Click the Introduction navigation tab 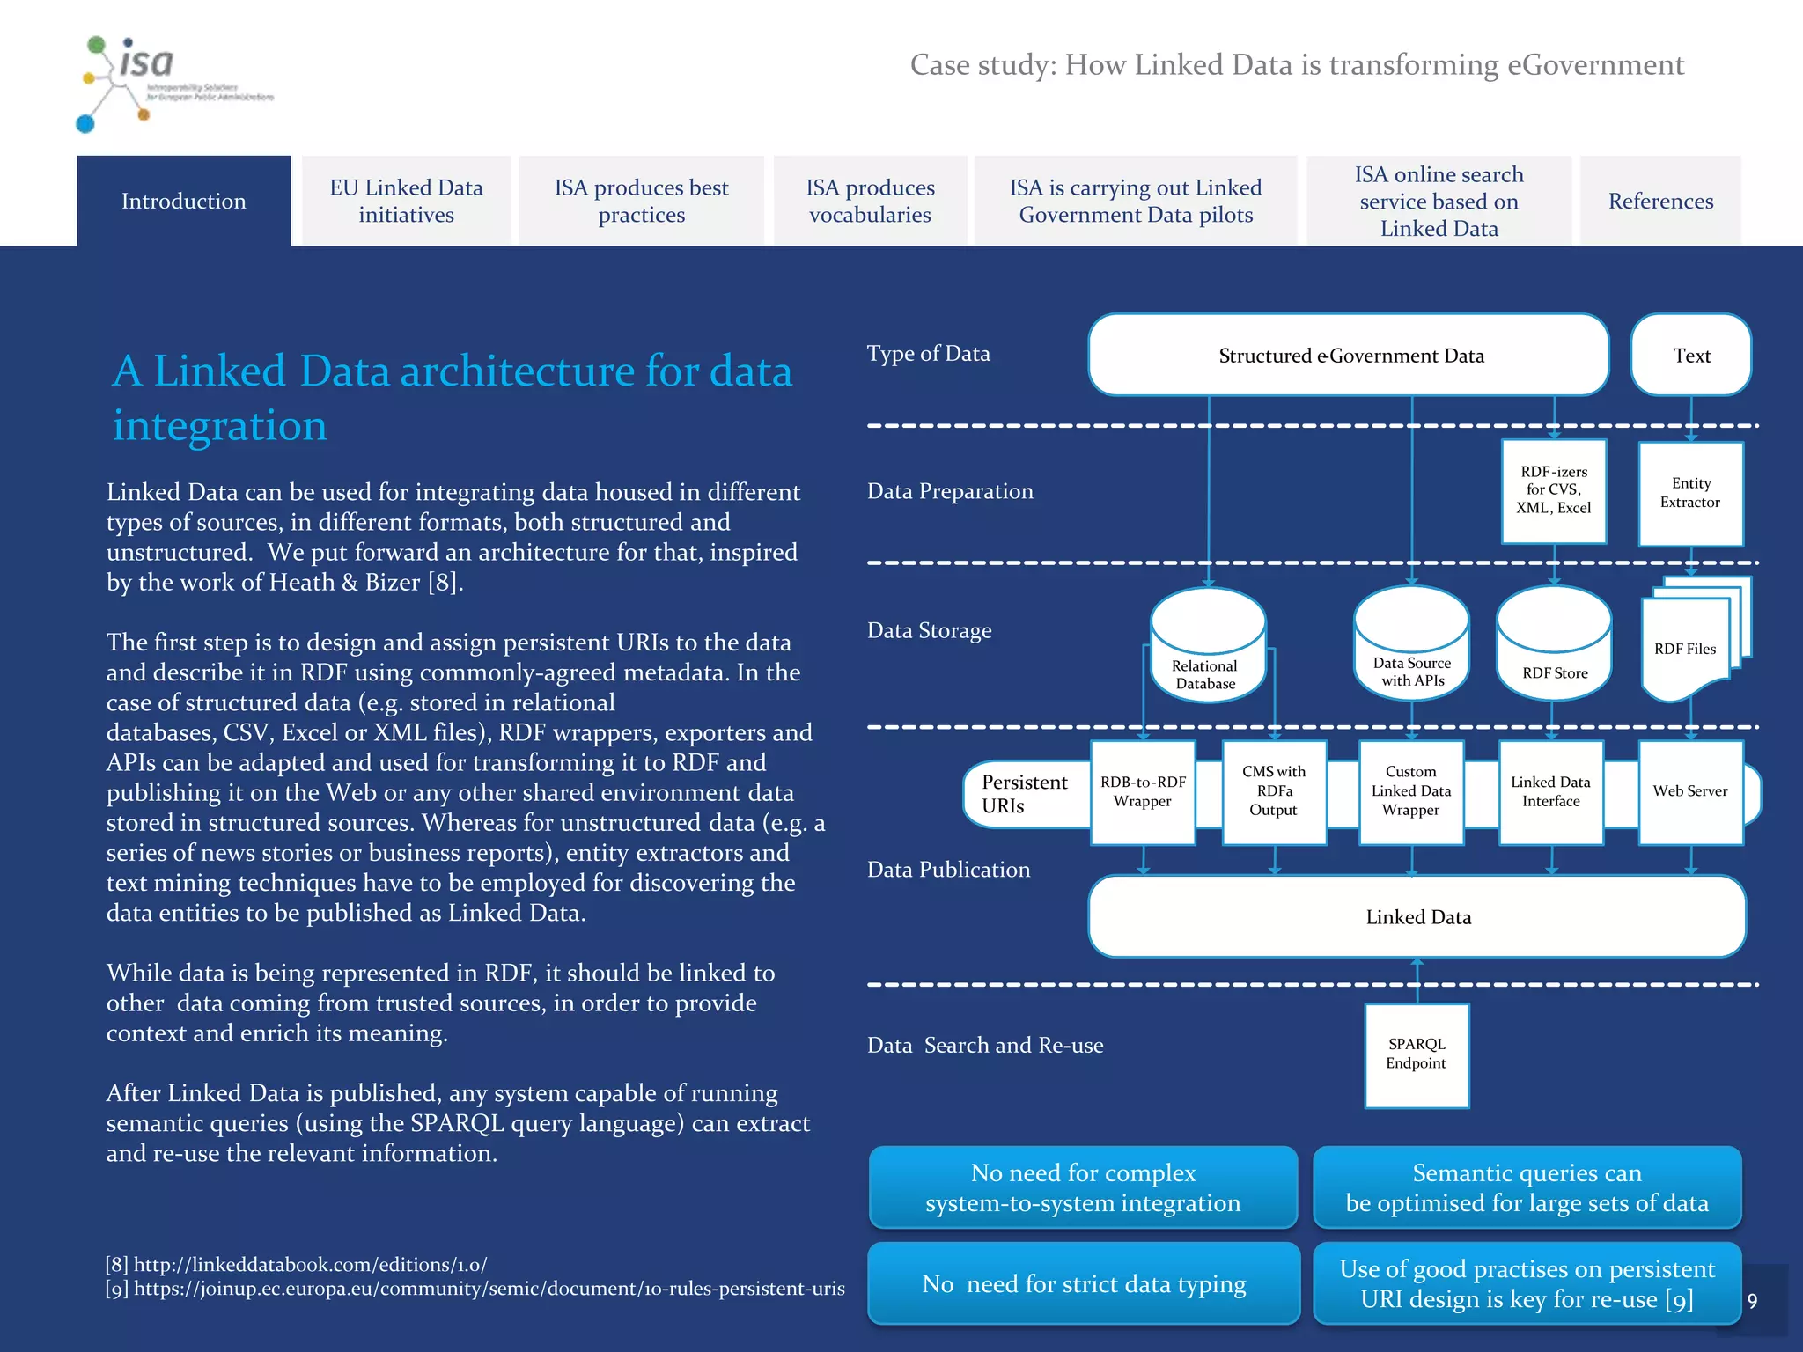click(183, 201)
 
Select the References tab click(1660, 201)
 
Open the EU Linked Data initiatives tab click(406, 201)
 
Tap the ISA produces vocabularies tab click(870, 201)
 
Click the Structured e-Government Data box click(1350, 356)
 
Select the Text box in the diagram click(1691, 356)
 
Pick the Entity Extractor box click(1690, 493)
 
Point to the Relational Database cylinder click(1207, 647)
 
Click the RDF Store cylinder click(1554, 647)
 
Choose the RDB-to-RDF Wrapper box click(1143, 791)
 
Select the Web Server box click(1690, 791)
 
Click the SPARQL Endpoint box click(1417, 1054)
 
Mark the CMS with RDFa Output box click(1274, 791)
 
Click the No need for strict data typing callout click(1084, 1284)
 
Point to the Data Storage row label click(929, 630)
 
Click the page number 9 click(1752, 1301)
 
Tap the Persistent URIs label click(1024, 794)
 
